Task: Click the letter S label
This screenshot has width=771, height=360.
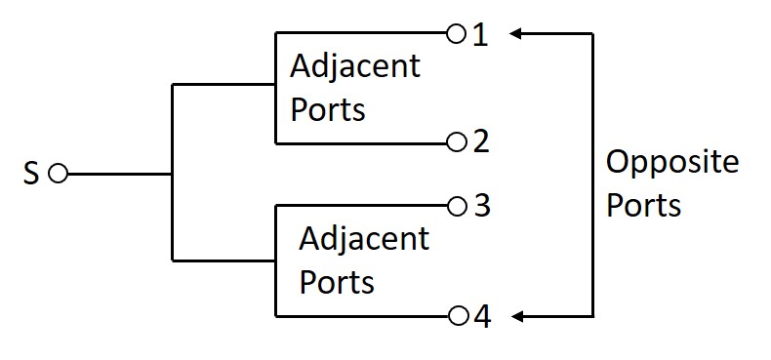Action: click(x=30, y=176)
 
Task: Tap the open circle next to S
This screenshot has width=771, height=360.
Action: click(x=57, y=175)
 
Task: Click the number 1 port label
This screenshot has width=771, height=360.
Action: click(x=480, y=35)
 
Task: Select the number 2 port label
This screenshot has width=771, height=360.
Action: click(x=480, y=142)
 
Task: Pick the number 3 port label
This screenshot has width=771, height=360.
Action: click(x=481, y=207)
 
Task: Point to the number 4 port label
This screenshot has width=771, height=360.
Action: click(x=481, y=316)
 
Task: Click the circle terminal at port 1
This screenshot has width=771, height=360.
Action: click(x=455, y=35)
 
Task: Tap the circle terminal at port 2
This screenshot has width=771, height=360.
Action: click(x=455, y=142)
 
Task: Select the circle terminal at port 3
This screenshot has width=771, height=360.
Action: click(x=456, y=207)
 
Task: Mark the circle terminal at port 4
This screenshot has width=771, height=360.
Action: click(x=456, y=316)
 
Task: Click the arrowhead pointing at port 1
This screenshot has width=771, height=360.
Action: click(x=516, y=35)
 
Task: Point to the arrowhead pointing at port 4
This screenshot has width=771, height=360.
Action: click(x=516, y=316)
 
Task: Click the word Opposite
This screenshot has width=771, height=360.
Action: click(x=671, y=164)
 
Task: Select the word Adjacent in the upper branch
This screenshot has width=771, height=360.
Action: click(x=355, y=68)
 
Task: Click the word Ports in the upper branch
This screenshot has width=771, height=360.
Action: click(x=327, y=109)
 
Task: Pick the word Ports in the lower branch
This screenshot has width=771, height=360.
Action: click(x=337, y=282)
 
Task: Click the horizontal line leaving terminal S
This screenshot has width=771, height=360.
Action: click(x=117, y=175)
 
